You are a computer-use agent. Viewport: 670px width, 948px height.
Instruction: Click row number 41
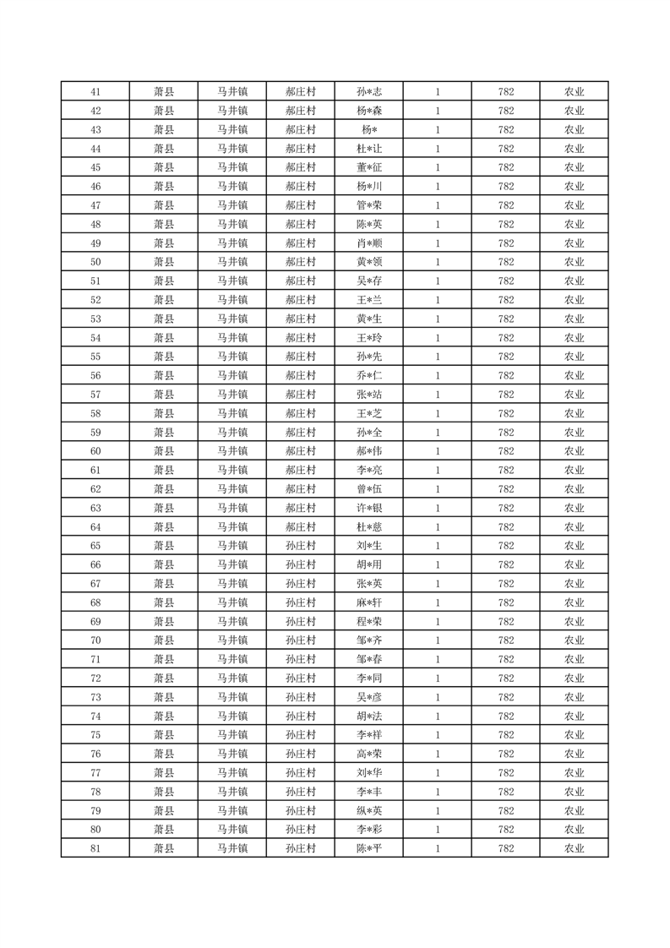click(95, 92)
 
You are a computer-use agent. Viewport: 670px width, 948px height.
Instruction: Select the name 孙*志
click(369, 92)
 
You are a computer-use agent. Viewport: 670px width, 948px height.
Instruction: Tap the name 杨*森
click(369, 111)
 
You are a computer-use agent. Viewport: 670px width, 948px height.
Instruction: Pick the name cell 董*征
click(369, 167)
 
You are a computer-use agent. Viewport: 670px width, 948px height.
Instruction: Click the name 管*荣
click(369, 205)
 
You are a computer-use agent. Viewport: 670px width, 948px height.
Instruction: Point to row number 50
click(95, 262)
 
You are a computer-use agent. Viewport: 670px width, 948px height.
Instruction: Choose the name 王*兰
click(369, 300)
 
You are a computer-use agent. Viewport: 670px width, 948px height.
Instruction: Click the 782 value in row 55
click(506, 357)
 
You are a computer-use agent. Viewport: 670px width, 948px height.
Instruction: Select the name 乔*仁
click(369, 375)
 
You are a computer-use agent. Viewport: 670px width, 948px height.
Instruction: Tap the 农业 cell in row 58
click(575, 413)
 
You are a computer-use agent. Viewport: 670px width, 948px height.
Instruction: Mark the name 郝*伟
click(369, 451)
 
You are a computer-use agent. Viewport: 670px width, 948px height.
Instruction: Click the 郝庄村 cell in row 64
click(301, 527)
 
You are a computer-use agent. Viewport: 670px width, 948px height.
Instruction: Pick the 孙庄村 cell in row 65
click(301, 546)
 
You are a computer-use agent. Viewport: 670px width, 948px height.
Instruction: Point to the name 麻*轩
click(369, 602)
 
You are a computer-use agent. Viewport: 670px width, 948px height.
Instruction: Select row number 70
click(95, 640)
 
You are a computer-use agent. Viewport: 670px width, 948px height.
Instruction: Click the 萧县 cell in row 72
click(164, 678)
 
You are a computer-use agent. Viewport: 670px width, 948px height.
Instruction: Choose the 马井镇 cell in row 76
click(232, 754)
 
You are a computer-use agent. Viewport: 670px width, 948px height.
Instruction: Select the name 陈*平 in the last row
click(369, 848)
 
